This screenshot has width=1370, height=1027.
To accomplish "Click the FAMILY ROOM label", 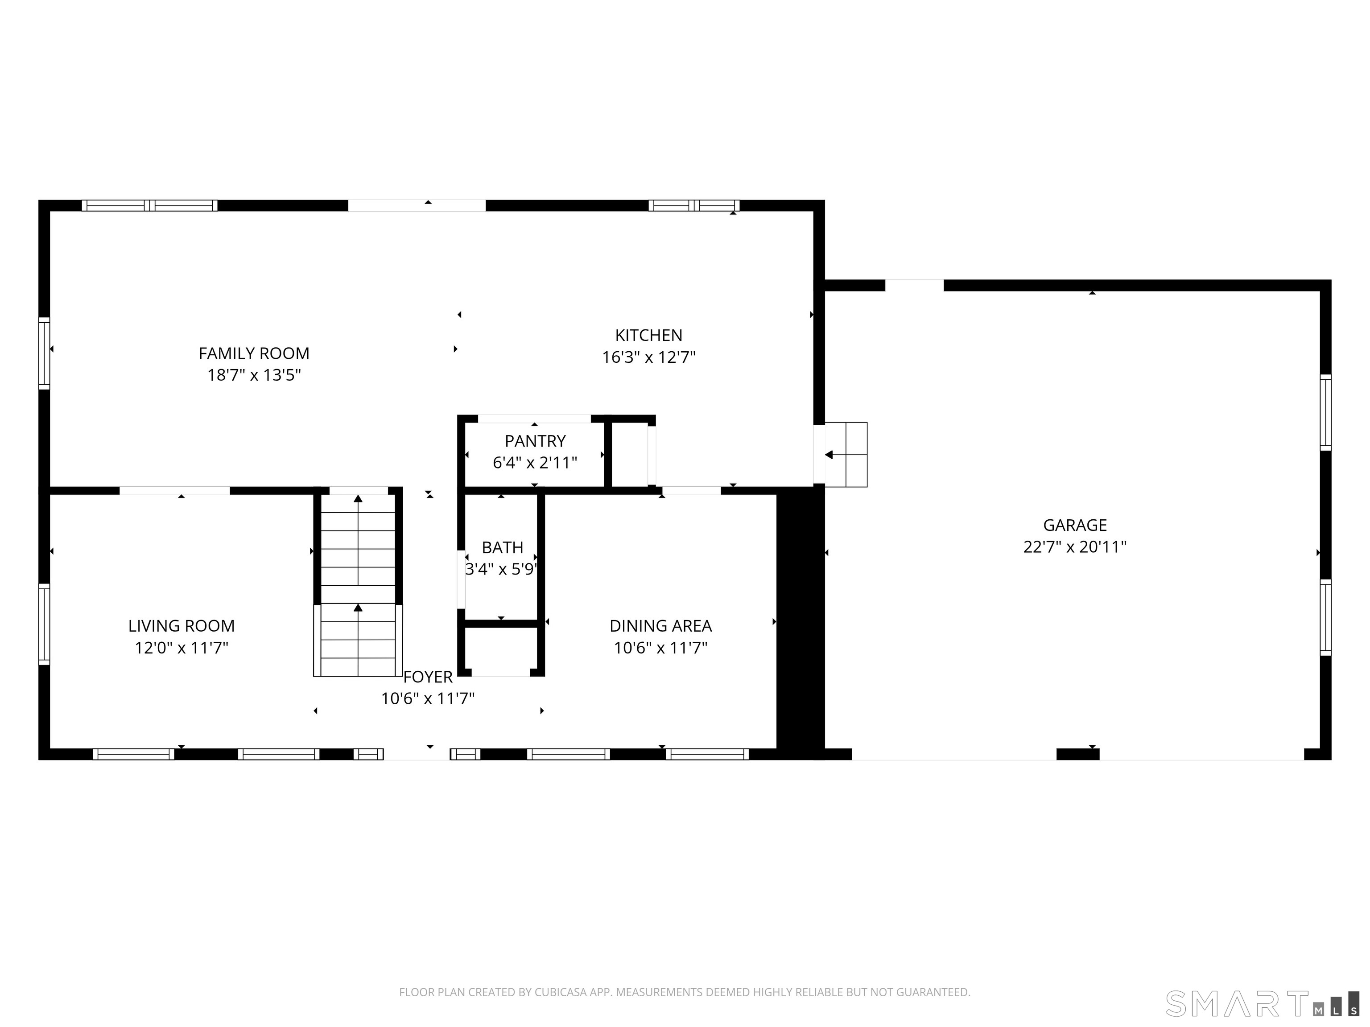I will point(254,353).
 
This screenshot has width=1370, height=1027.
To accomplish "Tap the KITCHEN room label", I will point(648,336).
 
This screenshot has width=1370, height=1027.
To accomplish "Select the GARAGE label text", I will point(1075,525).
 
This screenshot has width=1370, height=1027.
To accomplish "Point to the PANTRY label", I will point(535,441).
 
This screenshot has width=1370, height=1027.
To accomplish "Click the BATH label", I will point(502,547).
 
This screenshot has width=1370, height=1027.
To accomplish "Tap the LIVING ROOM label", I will point(182,626).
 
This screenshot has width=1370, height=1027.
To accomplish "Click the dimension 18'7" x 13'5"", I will point(254,375).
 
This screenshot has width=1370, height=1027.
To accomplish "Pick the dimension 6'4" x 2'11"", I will point(535,463).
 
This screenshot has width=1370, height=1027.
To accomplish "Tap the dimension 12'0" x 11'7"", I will point(182,648).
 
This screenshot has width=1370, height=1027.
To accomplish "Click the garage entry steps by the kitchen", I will point(846,455).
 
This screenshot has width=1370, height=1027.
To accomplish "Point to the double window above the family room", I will point(149,205).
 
